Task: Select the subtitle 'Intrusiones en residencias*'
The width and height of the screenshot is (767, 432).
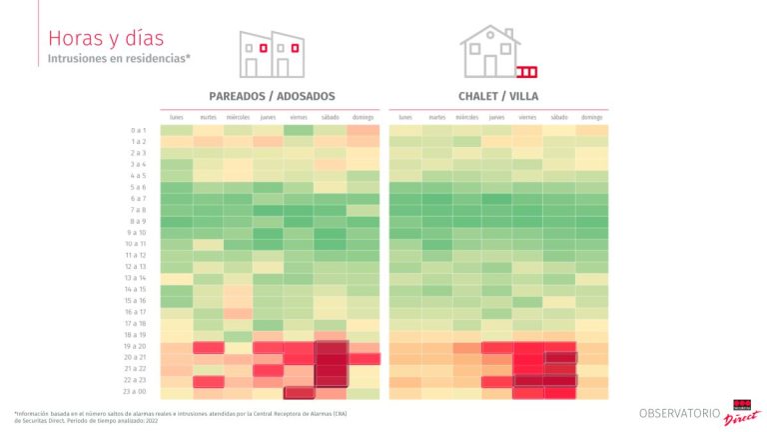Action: click(119, 59)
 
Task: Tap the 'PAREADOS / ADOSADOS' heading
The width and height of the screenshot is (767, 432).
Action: click(272, 96)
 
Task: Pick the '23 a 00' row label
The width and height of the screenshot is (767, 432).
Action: click(136, 392)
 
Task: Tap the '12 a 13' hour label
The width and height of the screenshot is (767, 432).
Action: click(136, 267)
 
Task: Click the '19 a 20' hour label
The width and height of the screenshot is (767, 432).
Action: click(136, 347)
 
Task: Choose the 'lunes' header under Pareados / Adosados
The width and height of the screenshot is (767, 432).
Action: click(177, 117)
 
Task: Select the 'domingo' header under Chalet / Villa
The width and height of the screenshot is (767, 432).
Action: click(591, 117)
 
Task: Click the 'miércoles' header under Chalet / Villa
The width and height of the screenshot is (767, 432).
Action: click(467, 117)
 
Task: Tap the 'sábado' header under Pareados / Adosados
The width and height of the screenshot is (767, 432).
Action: click(331, 117)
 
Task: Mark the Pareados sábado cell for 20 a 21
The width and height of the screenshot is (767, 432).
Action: click(331, 358)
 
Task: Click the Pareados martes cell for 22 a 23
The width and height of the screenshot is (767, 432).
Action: click(208, 381)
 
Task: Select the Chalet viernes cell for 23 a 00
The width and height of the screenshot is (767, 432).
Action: click(528, 392)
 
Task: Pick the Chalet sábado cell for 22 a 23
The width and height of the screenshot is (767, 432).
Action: click(559, 381)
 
